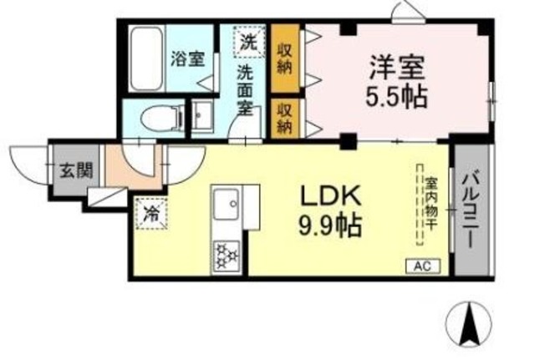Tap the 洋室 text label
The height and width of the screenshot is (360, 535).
tap(396, 67)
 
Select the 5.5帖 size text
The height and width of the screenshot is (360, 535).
tap(396, 95)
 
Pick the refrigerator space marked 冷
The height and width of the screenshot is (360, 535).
tap(150, 212)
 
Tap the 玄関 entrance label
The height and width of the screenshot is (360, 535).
tap(71, 172)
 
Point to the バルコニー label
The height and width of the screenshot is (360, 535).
tap(469, 209)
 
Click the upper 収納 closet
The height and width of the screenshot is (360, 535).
tap(284, 58)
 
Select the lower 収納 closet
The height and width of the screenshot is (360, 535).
tap(284, 117)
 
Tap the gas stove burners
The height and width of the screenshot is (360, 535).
tap(226, 254)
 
